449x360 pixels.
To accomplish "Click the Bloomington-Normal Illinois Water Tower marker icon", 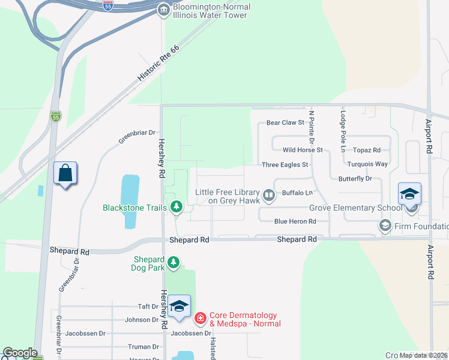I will [163, 10].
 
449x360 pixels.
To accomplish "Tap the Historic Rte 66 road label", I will [158, 63].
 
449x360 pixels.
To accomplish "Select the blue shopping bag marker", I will [65, 173].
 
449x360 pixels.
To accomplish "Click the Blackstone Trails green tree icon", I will [176, 208].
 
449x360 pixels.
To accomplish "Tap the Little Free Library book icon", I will [270, 194].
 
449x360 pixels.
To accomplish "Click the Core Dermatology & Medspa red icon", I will [200, 317].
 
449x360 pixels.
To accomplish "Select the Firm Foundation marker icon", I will [385, 226].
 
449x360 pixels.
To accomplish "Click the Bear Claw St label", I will [286, 123].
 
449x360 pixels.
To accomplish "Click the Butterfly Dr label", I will [355, 179].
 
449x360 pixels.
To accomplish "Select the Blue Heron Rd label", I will [295, 221].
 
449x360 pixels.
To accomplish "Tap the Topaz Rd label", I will [367, 150].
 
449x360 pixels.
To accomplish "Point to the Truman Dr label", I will [143, 347].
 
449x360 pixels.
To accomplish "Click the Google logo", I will [20, 353].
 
